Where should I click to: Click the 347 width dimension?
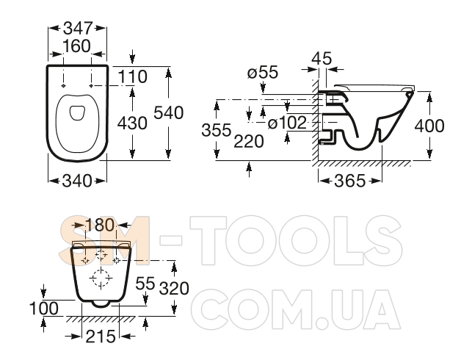[x=78, y=28]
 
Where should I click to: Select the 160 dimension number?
[x=76, y=46]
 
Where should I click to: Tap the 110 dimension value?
[x=132, y=77]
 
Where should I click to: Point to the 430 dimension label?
[x=132, y=123]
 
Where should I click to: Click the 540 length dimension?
[x=168, y=112]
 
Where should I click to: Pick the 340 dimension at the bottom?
[x=77, y=181]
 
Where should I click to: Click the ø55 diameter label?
[x=263, y=72]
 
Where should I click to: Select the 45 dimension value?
[x=322, y=58]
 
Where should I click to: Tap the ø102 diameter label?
[x=287, y=123]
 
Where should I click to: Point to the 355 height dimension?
[x=217, y=130]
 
